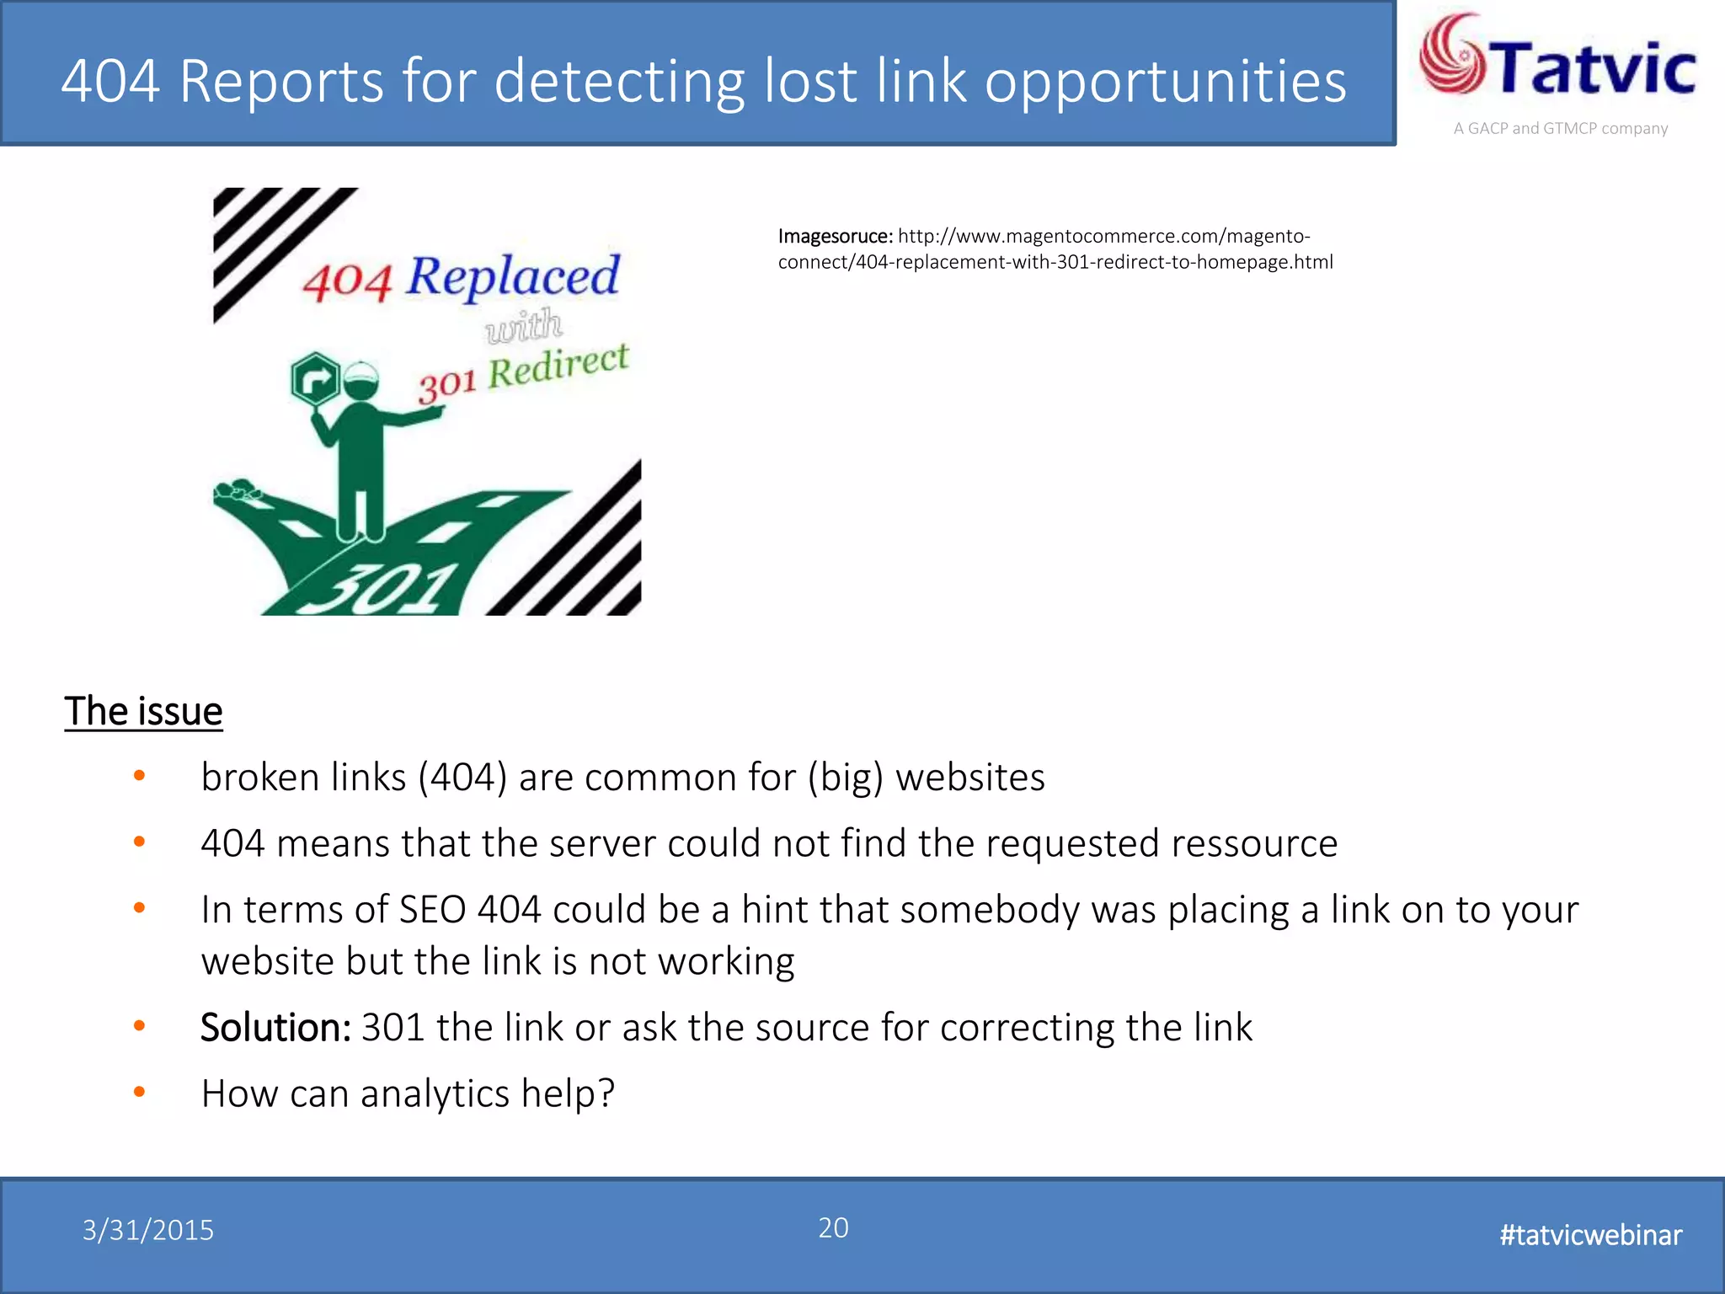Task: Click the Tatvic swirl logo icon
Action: pos(1454,55)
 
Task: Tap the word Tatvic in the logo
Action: pos(1594,67)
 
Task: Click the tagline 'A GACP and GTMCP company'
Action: pos(1560,129)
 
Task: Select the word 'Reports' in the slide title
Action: pos(281,82)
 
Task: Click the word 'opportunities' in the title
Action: pos(1165,82)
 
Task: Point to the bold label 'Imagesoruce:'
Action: pos(835,236)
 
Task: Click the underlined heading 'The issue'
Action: pos(143,711)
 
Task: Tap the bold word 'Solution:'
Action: pos(275,1027)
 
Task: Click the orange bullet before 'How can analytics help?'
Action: pos(140,1092)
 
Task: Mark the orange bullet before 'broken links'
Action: pos(140,775)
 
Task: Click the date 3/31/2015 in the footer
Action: pos(148,1230)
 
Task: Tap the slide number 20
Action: pos(833,1227)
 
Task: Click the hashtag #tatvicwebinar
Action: pos(1590,1234)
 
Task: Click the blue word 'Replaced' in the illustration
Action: pos(513,275)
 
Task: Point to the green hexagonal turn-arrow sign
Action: pos(316,379)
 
